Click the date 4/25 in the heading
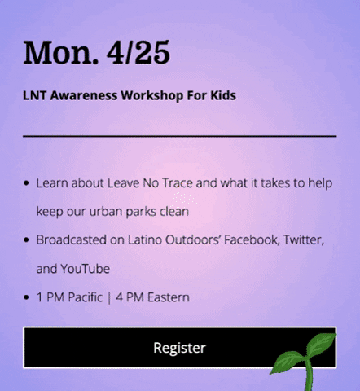138,52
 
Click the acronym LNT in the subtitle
34,95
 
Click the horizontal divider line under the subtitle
179,135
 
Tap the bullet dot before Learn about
28,184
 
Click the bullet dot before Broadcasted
28,241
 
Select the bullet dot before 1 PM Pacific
28,298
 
